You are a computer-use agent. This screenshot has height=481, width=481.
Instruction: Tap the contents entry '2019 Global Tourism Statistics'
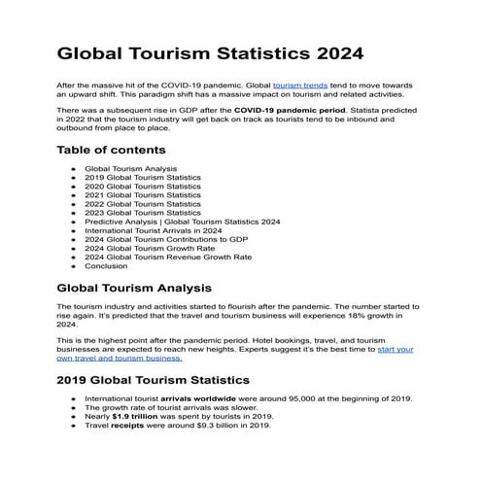coord(142,178)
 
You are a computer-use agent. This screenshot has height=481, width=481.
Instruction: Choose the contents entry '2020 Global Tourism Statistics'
coord(142,187)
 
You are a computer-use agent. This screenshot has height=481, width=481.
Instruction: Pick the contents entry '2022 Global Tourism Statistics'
coord(142,204)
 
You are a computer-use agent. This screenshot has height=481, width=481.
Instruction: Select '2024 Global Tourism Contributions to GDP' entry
coord(166,239)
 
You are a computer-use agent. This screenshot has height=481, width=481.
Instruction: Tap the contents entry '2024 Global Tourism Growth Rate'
coord(150,248)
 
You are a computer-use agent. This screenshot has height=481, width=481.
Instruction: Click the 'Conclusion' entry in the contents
coord(106,265)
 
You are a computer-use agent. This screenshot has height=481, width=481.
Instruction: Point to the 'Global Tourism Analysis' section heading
coord(134,289)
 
